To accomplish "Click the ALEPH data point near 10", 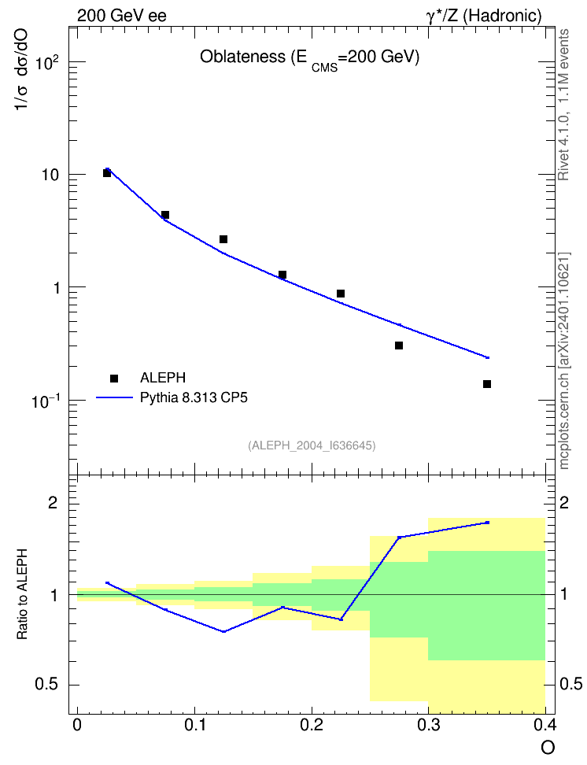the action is (107, 173).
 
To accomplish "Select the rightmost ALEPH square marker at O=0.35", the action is (487, 384).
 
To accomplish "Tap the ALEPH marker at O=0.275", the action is (399, 346).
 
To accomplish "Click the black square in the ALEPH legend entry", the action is (114, 378).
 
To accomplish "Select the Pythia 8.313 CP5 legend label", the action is (194, 397).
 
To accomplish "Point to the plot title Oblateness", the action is (310, 58).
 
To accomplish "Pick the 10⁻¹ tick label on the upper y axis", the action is (46, 401).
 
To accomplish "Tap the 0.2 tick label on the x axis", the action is (312, 725).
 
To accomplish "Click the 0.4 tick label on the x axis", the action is (544, 725).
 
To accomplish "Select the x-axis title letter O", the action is (548, 748).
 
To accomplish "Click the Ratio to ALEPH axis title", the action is (22, 594).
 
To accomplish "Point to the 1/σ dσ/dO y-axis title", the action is (21, 70).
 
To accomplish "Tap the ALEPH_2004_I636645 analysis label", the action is (312, 445).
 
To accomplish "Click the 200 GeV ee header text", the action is (121, 16).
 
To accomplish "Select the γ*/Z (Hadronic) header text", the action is (484, 16).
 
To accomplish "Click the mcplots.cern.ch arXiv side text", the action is (564, 361).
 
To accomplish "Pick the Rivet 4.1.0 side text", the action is (563, 105).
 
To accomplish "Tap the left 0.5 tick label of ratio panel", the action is (46, 685).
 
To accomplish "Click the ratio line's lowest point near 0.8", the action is (224, 631).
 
